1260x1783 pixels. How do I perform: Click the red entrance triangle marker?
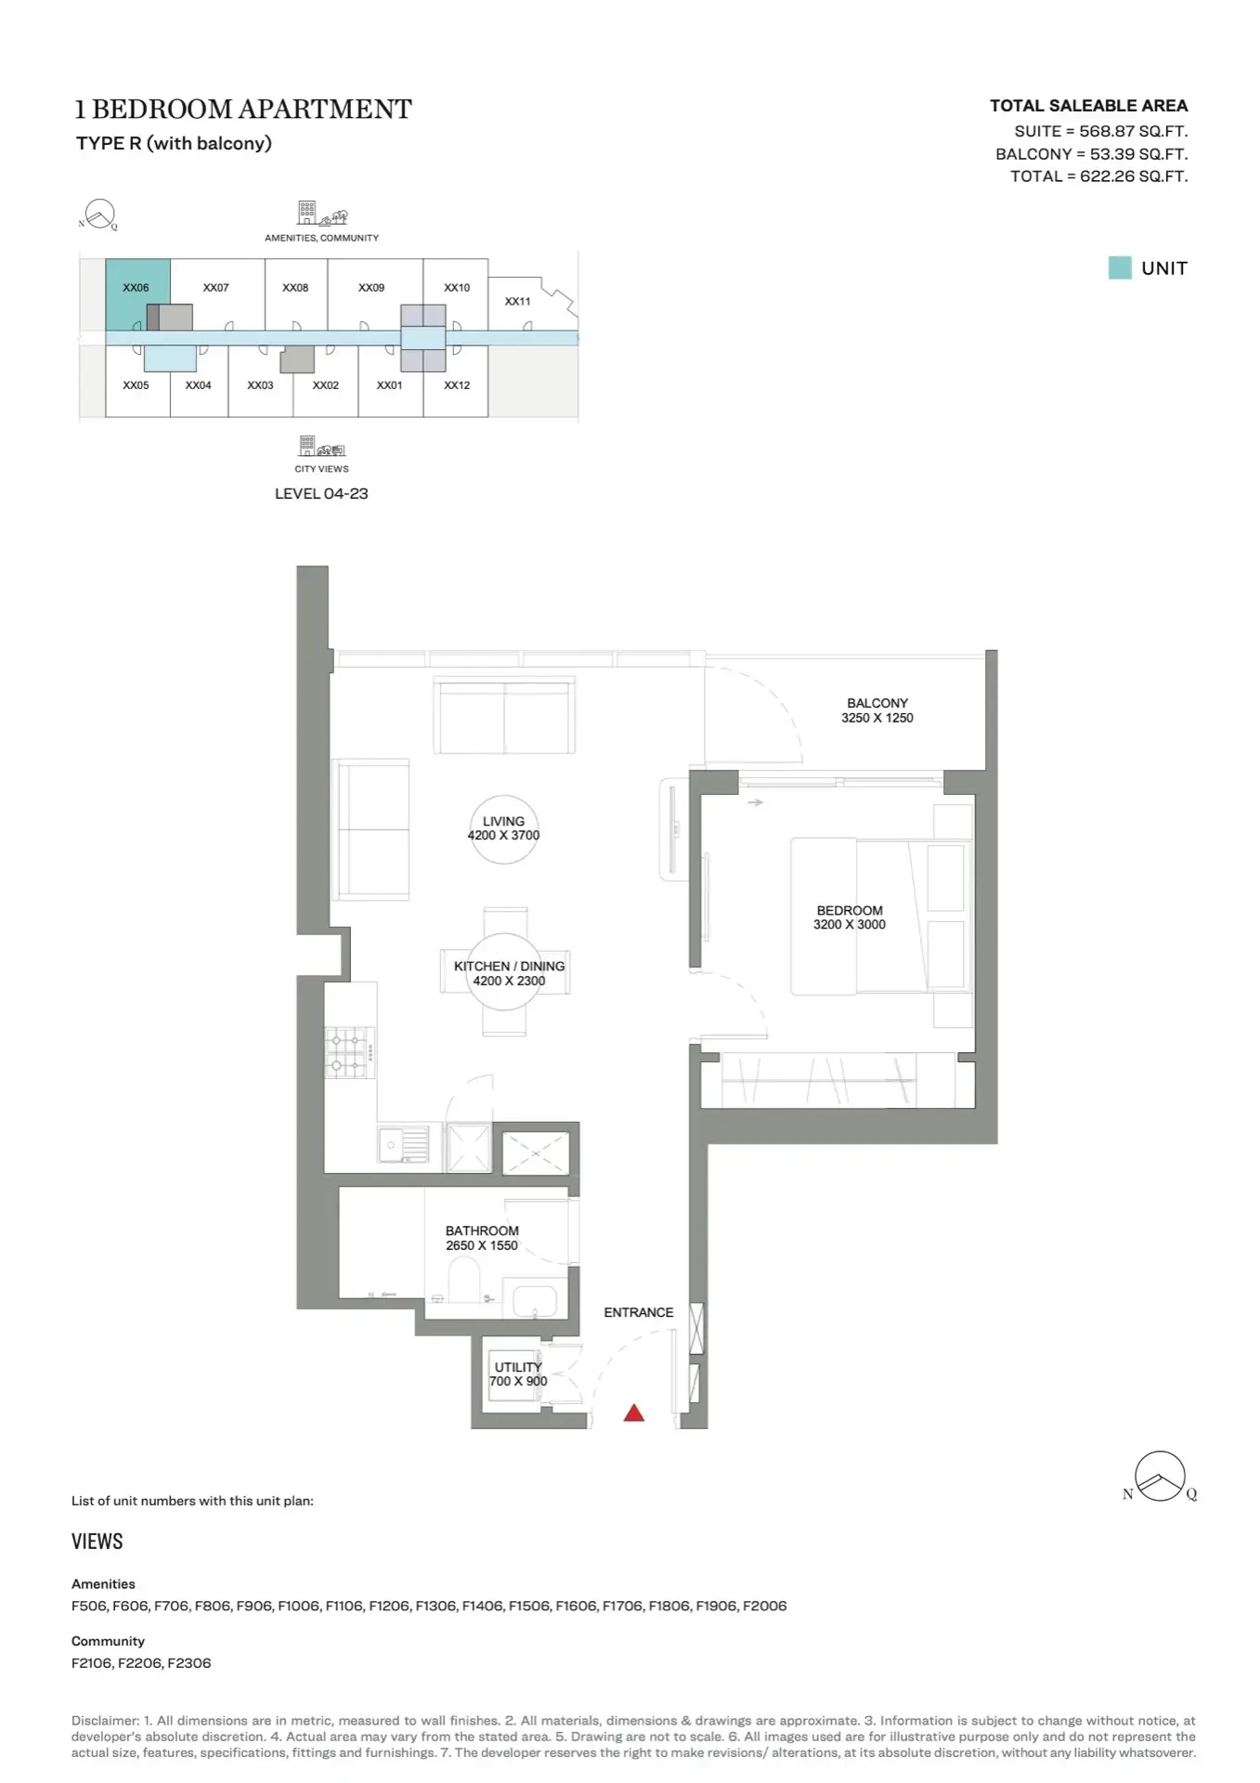pyautogui.click(x=634, y=1413)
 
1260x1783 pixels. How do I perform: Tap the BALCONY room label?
pyautogui.click(x=877, y=703)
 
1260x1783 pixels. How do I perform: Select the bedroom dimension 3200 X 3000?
pyautogui.click(x=850, y=925)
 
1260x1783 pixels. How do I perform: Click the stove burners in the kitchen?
pyautogui.click(x=350, y=1052)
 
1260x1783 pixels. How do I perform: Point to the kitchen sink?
pyautogui.click(x=404, y=1145)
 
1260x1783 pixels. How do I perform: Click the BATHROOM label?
pyautogui.click(x=482, y=1230)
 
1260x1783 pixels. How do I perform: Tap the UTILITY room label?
pyautogui.click(x=518, y=1367)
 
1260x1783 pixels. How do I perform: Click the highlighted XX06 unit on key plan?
pyautogui.click(x=136, y=293)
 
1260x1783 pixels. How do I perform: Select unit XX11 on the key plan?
pyautogui.click(x=518, y=302)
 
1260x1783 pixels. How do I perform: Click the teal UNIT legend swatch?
pyautogui.click(x=1120, y=268)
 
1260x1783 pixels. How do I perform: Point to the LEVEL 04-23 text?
pyautogui.click(x=321, y=494)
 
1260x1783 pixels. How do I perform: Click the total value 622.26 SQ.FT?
pyautogui.click(x=1134, y=176)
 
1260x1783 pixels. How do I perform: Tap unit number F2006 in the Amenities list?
pyautogui.click(x=765, y=1606)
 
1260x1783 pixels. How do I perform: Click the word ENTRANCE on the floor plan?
pyautogui.click(x=639, y=1312)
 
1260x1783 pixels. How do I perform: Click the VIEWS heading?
pyautogui.click(x=97, y=1542)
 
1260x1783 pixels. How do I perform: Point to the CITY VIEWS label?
pyautogui.click(x=322, y=469)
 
